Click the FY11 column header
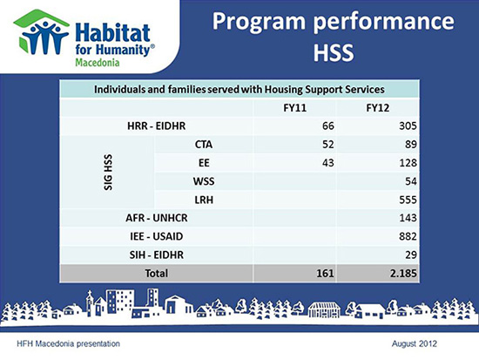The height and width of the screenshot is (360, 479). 294,108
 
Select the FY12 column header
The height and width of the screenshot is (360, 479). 378,108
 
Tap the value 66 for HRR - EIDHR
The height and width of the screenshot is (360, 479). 328,126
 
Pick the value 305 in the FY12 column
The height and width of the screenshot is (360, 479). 408,126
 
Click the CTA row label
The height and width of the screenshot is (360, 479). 204,145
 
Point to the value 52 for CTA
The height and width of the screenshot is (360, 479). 328,145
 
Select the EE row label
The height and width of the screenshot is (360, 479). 204,163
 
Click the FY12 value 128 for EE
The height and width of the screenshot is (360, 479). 408,163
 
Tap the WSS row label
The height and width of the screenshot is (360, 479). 204,181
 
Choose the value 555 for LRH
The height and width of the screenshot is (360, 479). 408,200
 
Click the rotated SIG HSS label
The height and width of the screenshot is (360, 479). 108,173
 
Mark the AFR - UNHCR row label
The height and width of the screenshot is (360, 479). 157,218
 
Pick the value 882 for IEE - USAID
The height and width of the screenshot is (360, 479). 408,236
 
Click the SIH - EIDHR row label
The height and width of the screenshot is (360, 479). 157,255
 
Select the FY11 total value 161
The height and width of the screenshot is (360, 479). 325,273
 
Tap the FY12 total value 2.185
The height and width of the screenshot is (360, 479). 403,273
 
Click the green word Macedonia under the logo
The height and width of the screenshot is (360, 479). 98,63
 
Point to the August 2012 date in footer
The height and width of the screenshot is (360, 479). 415,343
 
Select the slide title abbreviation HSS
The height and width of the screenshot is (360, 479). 334,52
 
